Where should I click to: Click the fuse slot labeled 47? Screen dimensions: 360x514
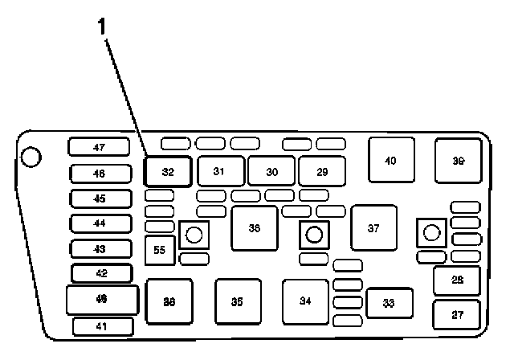99,148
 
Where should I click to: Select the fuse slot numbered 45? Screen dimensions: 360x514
99,198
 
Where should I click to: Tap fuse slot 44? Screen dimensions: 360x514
99,223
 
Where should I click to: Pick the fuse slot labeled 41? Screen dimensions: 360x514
101,327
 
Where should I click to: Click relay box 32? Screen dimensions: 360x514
168,171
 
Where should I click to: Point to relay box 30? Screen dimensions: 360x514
271,171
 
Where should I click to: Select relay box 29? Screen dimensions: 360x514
322,171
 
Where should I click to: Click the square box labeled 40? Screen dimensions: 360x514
391,161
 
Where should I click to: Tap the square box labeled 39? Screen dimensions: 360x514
459,161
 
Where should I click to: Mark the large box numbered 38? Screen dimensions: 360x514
255,228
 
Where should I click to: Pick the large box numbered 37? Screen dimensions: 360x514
373,228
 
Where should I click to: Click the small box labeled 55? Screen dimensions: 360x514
159,251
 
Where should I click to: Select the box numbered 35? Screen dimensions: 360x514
237,301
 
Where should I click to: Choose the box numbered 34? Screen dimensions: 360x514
305,301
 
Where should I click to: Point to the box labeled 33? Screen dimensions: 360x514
389,303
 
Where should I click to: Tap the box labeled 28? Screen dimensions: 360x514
457,280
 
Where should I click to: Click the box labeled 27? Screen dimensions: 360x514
457,315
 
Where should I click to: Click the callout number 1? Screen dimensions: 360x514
101,26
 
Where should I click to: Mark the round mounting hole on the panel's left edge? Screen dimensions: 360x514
31,156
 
